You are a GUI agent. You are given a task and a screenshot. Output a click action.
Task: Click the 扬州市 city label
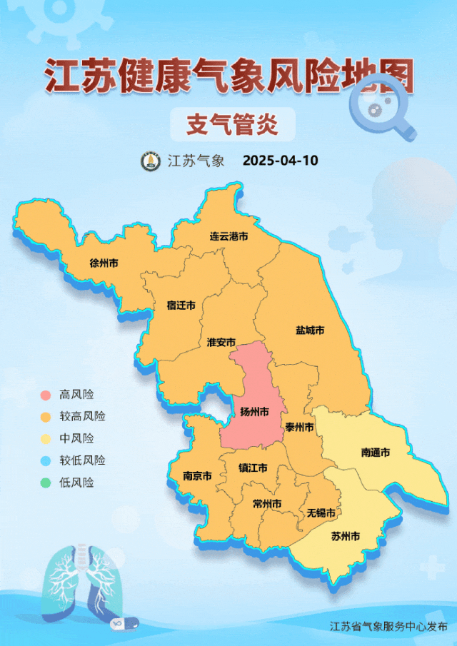pyautogui.click(x=254, y=412)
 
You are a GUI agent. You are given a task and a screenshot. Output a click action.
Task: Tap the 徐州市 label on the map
pyautogui.click(x=104, y=263)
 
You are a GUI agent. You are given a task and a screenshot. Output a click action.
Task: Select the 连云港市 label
pyautogui.click(x=228, y=236)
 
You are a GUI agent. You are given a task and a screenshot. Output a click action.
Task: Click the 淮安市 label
pyautogui.click(x=221, y=342)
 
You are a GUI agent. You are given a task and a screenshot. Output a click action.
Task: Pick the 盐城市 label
pyautogui.click(x=310, y=330)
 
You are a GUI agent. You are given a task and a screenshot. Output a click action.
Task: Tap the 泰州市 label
pyautogui.click(x=299, y=427)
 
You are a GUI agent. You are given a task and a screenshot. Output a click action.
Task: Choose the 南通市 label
pyautogui.click(x=375, y=453)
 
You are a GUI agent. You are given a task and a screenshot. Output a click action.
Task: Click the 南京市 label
pyautogui.click(x=197, y=475)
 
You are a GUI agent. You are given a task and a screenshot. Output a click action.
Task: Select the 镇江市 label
pyautogui.click(x=253, y=468)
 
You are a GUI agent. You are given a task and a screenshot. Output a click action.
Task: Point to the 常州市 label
pyautogui.click(x=267, y=504)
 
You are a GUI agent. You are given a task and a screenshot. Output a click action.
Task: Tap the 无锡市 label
pyautogui.click(x=321, y=513)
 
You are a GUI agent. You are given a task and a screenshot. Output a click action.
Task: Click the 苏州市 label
pyautogui.click(x=346, y=536)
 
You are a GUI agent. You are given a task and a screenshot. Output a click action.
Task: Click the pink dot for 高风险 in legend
pyautogui.click(x=46, y=395)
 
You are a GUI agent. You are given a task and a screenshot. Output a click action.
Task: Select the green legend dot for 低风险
pyautogui.click(x=46, y=483)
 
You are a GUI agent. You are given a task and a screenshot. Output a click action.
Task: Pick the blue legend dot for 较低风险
pyautogui.click(x=46, y=461)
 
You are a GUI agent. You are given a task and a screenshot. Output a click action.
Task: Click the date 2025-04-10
pyautogui.click(x=280, y=161)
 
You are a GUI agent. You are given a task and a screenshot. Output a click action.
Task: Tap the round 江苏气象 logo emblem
pyautogui.click(x=150, y=161)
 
